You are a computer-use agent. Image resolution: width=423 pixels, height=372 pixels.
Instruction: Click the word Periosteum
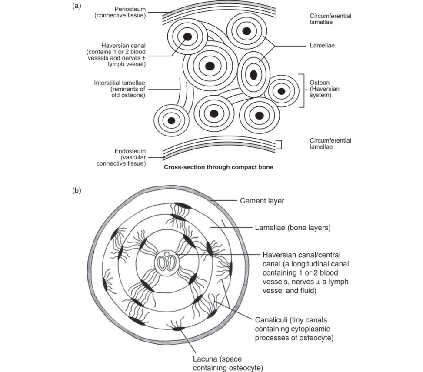coord(130,9)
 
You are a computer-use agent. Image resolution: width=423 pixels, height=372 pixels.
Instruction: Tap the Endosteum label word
coord(130,151)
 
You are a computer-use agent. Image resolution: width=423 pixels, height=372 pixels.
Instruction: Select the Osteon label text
coord(320,83)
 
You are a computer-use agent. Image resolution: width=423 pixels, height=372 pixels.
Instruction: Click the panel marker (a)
coord(77,6)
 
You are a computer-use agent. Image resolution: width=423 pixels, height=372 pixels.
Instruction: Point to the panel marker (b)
coord(77,190)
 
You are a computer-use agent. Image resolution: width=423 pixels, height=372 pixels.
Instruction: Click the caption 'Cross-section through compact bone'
coord(219,167)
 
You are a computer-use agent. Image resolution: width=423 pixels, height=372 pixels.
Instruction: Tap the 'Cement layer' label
coord(262,201)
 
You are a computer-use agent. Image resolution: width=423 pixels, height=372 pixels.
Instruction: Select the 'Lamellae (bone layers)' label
coord(293,228)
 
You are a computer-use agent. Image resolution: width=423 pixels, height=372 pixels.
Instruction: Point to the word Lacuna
coord(205,359)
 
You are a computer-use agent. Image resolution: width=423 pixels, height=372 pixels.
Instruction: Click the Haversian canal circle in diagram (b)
coord(167,261)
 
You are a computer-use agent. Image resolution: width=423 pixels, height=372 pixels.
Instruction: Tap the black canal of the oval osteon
coord(253,75)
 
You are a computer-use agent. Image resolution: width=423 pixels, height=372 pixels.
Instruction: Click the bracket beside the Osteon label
coord(303,91)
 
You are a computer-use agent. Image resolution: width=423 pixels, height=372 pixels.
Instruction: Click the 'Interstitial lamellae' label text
coord(120,83)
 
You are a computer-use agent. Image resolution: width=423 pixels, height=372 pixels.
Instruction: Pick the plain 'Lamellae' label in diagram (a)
coord(322,46)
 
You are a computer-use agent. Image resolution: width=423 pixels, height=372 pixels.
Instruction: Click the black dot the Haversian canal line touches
coord(188,37)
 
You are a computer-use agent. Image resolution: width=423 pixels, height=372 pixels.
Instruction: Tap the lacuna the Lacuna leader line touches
coord(178,329)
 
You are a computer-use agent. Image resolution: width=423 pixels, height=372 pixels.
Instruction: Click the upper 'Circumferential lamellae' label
coord(330,19)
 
